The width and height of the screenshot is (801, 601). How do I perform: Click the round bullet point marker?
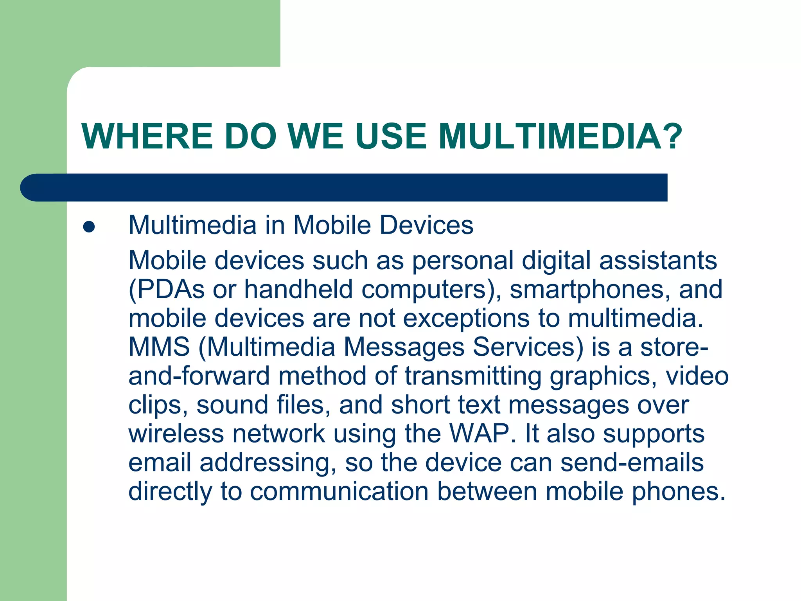pyautogui.click(x=89, y=227)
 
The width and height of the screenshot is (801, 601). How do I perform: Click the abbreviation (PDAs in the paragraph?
pyautogui.click(x=167, y=290)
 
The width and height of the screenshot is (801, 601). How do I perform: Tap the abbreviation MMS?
pyautogui.click(x=159, y=347)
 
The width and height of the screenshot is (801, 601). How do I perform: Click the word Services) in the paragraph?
pyautogui.click(x=528, y=347)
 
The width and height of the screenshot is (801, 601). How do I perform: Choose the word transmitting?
pyautogui.click(x=473, y=376)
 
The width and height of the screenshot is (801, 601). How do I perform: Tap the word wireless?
pyautogui.click(x=176, y=434)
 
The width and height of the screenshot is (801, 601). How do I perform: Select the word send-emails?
pyautogui.click(x=632, y=462)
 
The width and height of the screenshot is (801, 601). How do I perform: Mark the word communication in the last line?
pyautogui.click(x=339, y=491)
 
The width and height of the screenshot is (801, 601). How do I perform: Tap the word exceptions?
pyautogui.click(x=466, y=318)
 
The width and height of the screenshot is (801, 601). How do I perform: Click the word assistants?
pyautogui.click(x=658, y=261)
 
